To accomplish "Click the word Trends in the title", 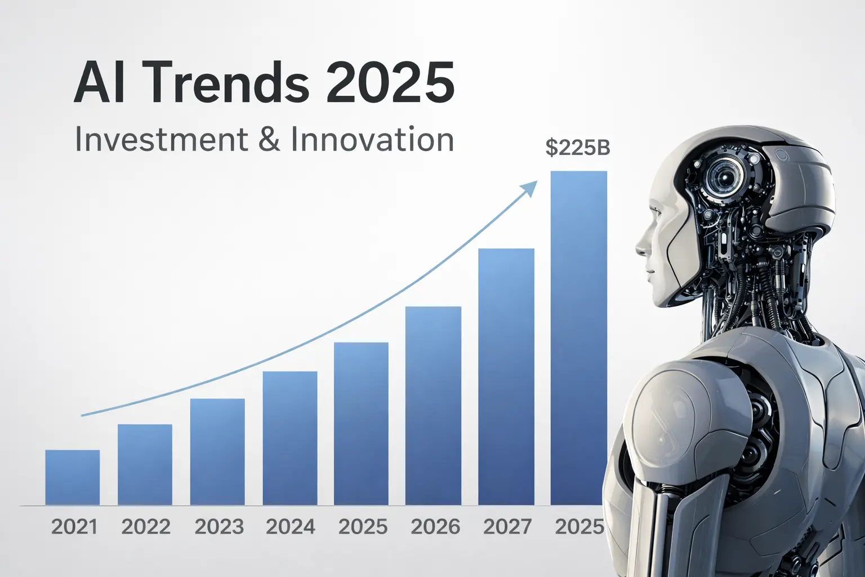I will (x=228, y=83).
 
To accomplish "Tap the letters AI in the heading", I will (x=95, y=83).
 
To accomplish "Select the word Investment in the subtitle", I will (x=161, y=139).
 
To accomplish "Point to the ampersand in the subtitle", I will (x=270, y=139).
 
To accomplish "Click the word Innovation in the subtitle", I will (x=372, y=139).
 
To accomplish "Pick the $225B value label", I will (x=578, y=148).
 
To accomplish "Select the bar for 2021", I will (x=73, y=477).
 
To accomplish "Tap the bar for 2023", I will (x=217, y=452).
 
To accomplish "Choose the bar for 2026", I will (x=433, y=406).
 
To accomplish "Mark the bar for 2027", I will (x=506, y=376).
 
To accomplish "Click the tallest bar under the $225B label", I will (x=578, y=338).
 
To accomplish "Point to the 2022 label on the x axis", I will (x=146, y=527).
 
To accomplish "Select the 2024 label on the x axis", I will (x=291, y=527).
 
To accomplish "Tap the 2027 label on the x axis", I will (x=507, y=527).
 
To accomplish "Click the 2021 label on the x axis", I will (x=74, y=527).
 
